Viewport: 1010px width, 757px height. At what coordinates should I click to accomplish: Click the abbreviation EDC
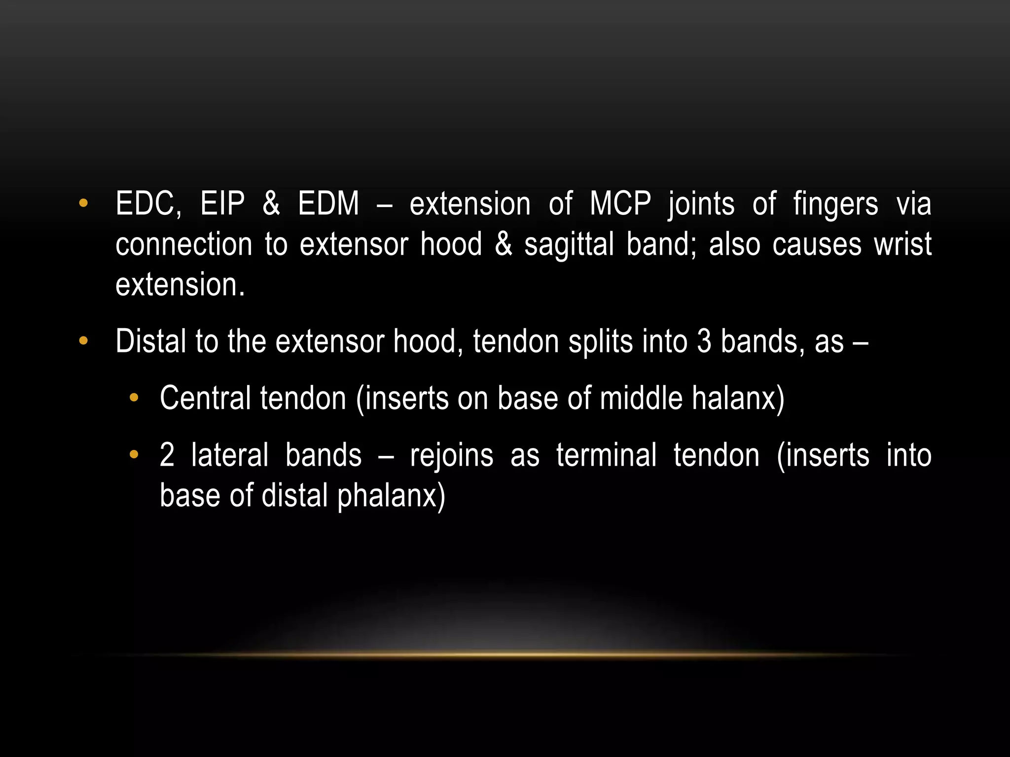(148, 204)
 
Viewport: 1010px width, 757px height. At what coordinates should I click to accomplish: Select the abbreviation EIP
(222, 204)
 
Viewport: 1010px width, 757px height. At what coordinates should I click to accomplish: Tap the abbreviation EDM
(328, 204)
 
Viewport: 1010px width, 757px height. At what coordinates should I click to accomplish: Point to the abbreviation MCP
(620, 204)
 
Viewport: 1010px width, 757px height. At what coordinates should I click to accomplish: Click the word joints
(701, 205)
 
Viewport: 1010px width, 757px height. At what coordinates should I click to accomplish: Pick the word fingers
(835, 205)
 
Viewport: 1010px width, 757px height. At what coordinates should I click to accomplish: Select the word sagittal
(569, 244)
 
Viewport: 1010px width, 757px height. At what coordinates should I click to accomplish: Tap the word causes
(817, 244)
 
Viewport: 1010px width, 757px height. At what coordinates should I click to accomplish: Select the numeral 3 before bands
(704, 341)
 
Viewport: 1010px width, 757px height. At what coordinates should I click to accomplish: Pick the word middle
(641, 398)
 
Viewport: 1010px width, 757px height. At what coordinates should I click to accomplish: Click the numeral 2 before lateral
(167, 455)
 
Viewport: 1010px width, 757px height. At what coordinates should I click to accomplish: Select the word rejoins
(451, 456)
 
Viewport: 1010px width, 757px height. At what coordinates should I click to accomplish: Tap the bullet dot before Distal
(83, 341)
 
